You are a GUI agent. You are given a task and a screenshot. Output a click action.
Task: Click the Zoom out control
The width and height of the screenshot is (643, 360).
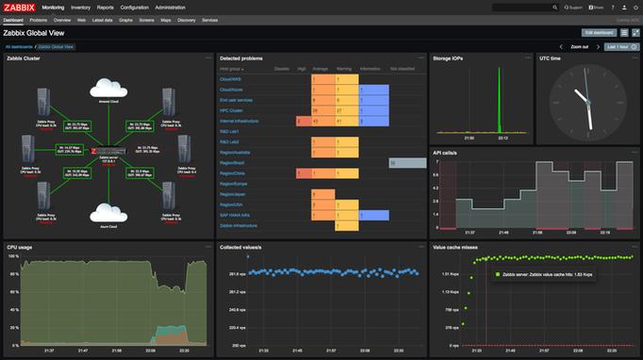(579, 45)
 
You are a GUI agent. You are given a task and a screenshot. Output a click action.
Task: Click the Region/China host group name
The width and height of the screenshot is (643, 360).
(232, 173)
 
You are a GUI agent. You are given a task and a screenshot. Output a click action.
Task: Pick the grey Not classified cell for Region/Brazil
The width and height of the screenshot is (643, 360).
(407, 163)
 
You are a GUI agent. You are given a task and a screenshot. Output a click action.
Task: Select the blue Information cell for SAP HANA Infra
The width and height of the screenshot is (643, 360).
(375, 215)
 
